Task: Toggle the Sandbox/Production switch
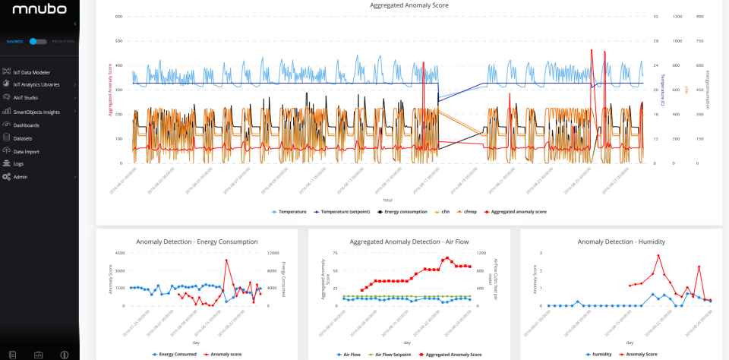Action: click(x=38, y=41)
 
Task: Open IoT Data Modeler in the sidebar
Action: click(x=31, y=72)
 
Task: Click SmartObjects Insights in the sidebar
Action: click(x=36, y=112)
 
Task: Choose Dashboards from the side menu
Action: click(x=26, y=125)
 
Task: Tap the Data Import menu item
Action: click(x=26, y=151)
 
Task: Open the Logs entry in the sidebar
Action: click(x=18, y=163)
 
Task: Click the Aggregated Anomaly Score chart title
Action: click(x=409, y=5)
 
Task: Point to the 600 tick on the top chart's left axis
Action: click(x=119, y=16)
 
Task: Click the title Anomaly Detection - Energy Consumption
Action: click(x=197, y=242)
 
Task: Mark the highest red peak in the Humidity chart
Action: click(x=658, y=256)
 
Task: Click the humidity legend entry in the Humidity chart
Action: click(x=601, y=353)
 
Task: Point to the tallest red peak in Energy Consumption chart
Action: click(x=226, y=260)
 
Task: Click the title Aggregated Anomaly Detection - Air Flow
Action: click(x=409, y=242)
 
